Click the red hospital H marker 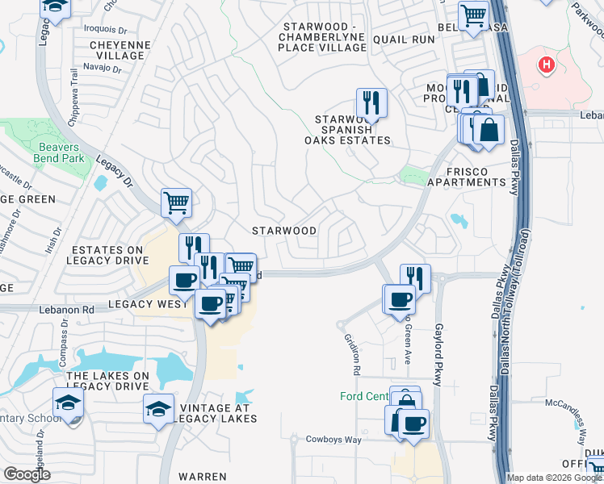547,64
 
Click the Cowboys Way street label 333,440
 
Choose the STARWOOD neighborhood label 284,231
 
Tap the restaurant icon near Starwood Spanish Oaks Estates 371,102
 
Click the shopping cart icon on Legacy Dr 176,203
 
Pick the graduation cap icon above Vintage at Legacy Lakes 158,409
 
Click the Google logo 27,475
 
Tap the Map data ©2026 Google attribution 553,478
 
